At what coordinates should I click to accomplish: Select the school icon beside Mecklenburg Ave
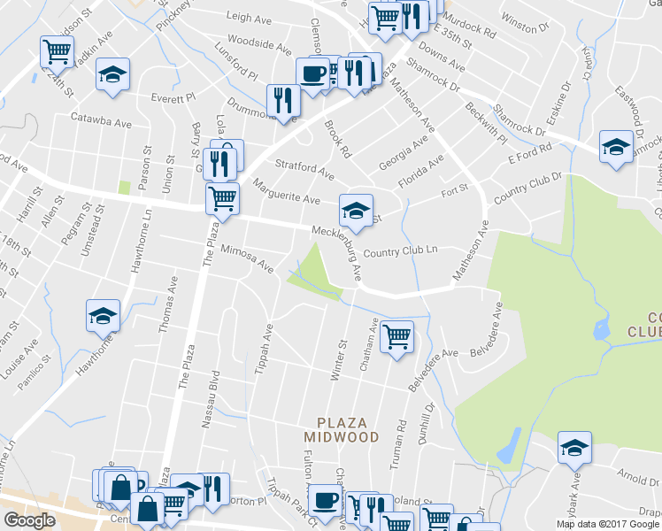coord(356,210)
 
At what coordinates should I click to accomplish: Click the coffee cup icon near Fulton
coord(325,499)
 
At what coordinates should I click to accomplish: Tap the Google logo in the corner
coord(30,520)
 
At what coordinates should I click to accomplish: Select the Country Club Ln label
coord(400,250)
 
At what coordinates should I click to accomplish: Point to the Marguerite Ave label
coord(287,192)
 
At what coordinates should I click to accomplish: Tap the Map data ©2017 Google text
coord(607,524)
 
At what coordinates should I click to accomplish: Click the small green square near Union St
coord(124,187)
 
